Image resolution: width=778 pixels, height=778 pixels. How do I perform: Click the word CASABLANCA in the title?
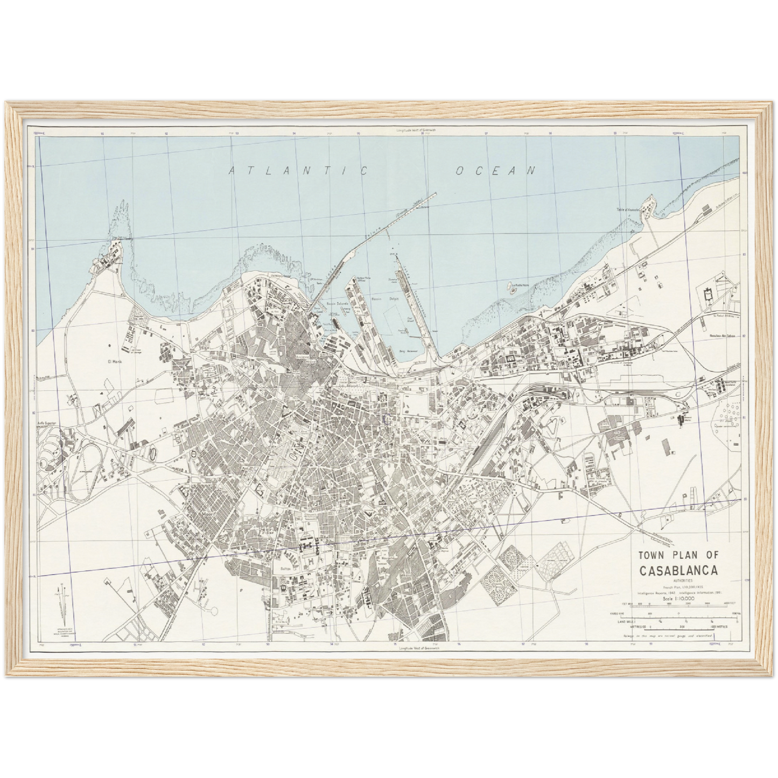[x=681, y=570]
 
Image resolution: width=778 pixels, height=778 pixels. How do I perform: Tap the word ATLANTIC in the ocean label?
[x=298, y=171]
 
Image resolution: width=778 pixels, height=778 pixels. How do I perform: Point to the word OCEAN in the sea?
[x=496, y=171]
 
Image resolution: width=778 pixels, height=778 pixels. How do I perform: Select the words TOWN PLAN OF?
[x=681, y=555]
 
